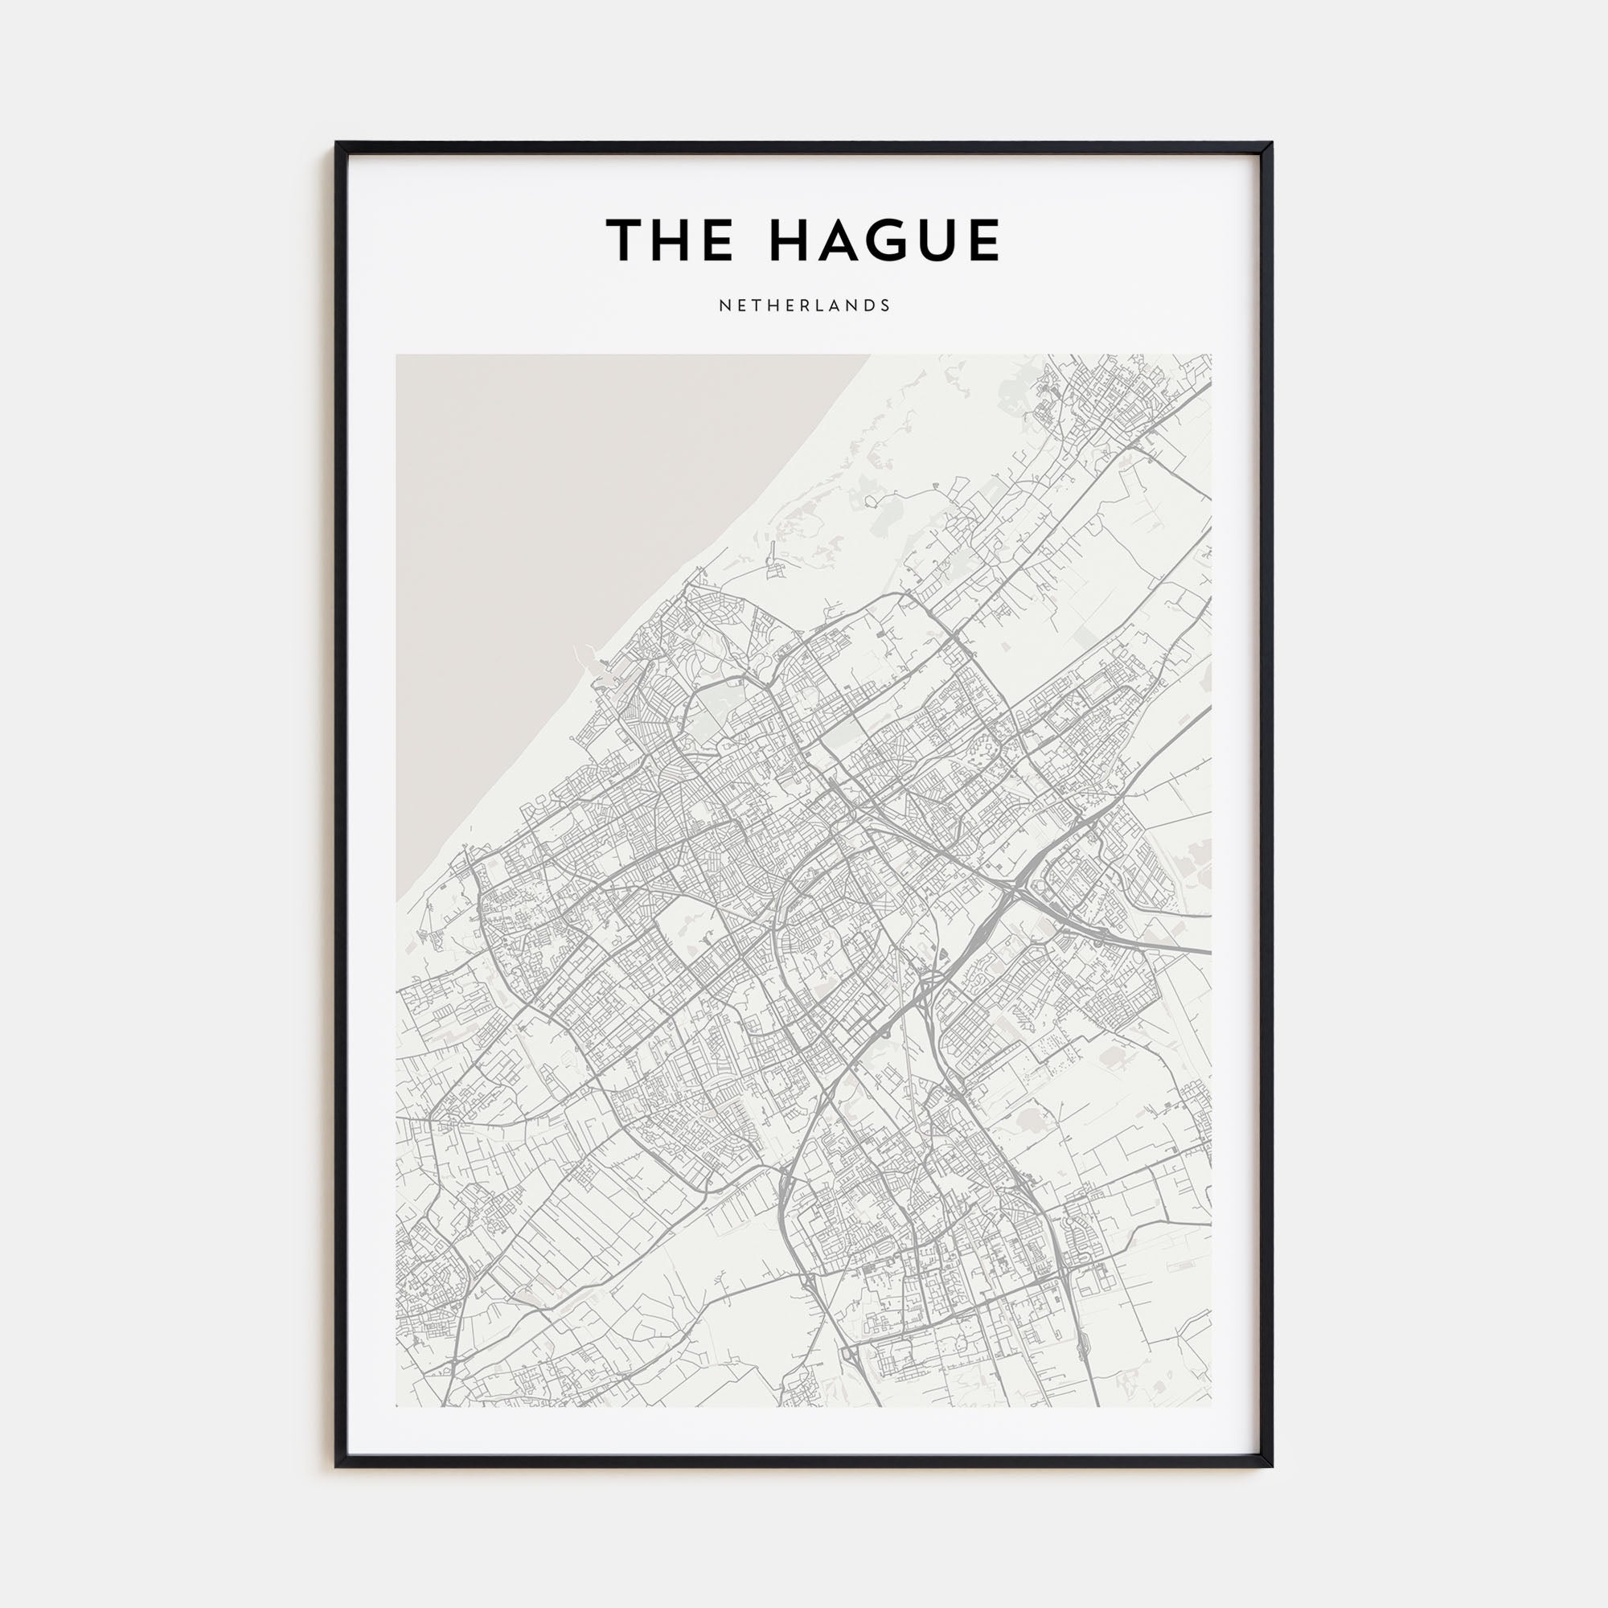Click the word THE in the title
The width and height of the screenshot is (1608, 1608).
click(669, 240)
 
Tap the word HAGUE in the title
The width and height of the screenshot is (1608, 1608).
click(884, 240)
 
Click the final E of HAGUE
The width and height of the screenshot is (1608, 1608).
click(984, 240)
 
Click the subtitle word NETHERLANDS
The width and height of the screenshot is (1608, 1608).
click(804, 306)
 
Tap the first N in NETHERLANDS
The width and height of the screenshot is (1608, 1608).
click(724, 306)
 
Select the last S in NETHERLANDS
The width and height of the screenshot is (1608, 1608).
click(885, 306)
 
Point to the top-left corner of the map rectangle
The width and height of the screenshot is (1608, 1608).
click(397, 355)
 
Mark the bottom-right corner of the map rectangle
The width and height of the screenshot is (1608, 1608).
click(1211, 1405)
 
